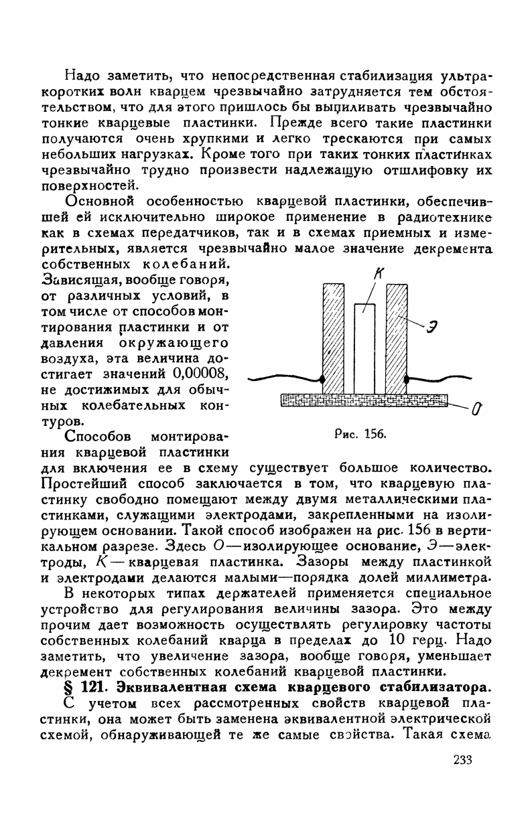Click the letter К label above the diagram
tap(381, 273)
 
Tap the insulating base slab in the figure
tap(363, 400)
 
